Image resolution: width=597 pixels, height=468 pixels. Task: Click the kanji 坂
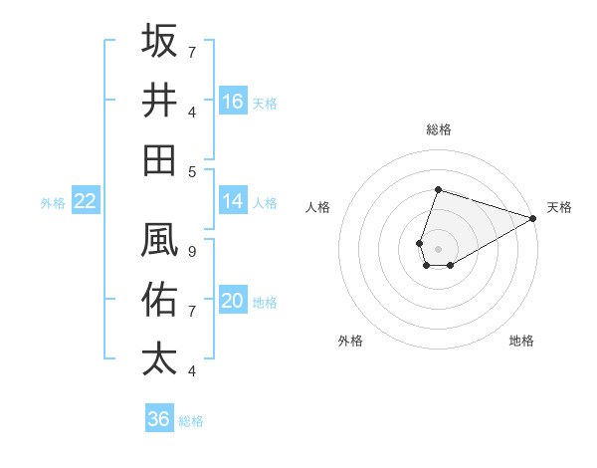click(x=160, y=42)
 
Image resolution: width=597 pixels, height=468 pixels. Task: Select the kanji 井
click(x=160, y=100)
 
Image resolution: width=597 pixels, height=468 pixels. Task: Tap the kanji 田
click(x=160, y=159)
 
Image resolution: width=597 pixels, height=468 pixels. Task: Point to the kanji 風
click(x=160, y=239)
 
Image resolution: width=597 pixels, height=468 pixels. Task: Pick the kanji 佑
click(x=160, y=298)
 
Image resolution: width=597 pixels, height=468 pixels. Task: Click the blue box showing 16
click(x=233, y=102)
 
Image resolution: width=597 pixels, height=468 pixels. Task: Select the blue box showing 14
click(x=233, y=201)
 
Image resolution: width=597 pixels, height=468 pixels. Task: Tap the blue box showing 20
click(x=233, y=301)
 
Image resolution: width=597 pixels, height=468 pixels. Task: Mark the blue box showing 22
click(x=85, y=201)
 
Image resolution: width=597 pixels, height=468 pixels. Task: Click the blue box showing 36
click(x=158, y=419)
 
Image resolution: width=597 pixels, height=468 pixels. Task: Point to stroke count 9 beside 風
click(x=191, y=252)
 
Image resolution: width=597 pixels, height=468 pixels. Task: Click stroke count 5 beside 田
click(x=191, y=171)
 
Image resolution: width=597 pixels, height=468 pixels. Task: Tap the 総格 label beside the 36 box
click(x=191, y=421)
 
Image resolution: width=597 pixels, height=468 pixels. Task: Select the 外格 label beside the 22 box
click(x=53, y=203)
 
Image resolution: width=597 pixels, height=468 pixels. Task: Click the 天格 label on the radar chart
click(x=559, y=207)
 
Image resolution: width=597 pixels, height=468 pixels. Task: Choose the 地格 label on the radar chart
click(x=521, y=341)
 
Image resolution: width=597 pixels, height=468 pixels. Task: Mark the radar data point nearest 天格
click(x=533, y=218)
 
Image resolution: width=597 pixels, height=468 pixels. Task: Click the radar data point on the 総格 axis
click(x=438, y=189)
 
